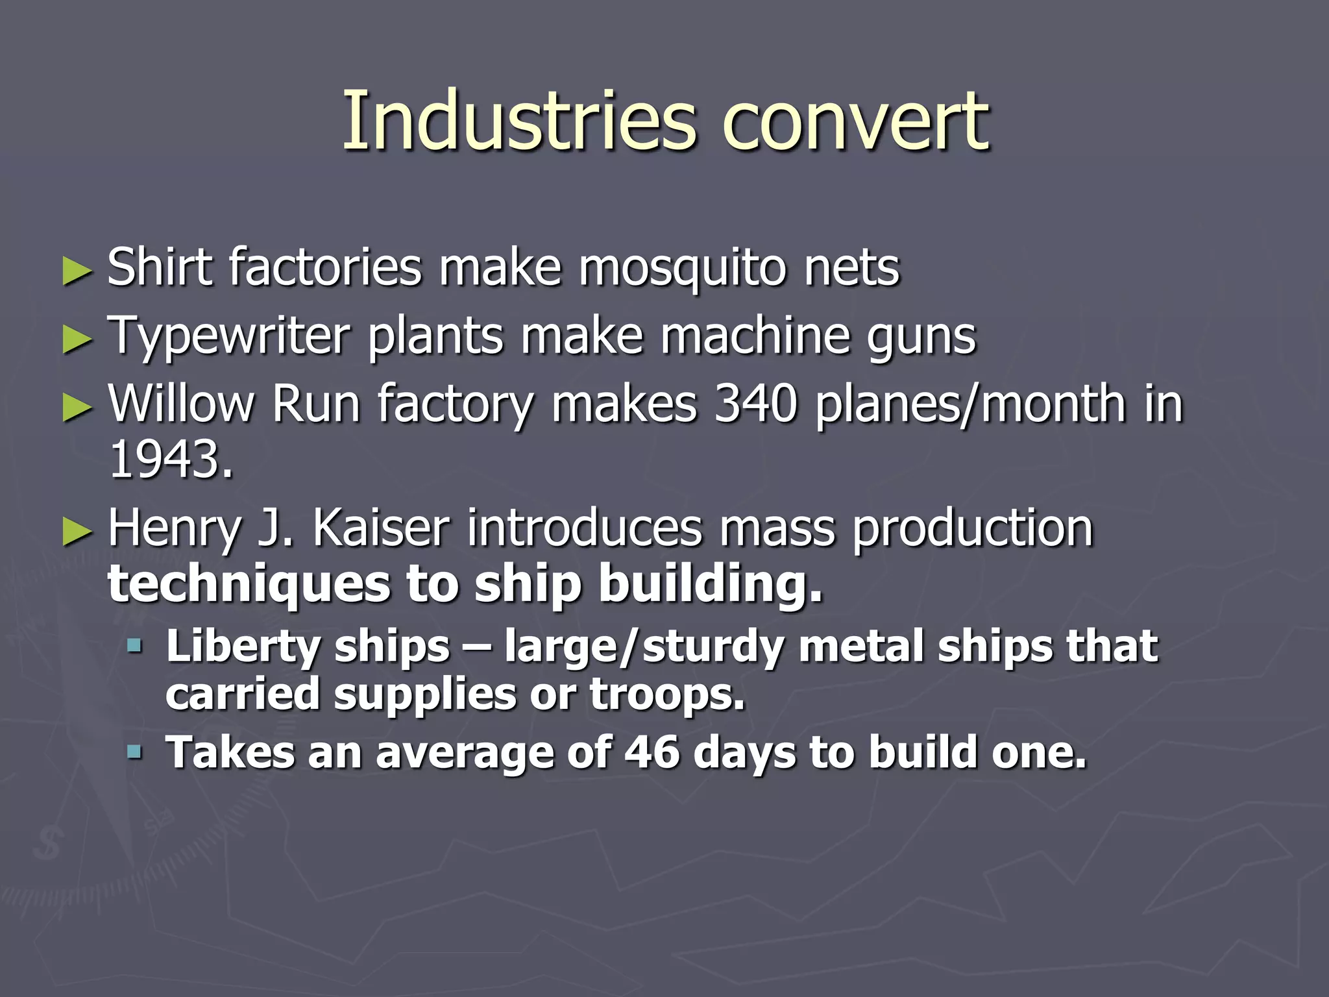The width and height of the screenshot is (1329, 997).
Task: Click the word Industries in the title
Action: [x=518, y=121]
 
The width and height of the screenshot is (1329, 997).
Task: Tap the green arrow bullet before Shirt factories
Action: [x=77, y=271]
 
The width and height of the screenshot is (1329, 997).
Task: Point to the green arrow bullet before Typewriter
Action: [x=77, y=339]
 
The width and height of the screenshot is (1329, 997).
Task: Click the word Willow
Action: [x=181, y=404]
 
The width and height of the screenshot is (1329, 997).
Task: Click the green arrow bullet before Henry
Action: [x=77, y=530]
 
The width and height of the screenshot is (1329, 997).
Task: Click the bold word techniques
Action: [x=247, y=584]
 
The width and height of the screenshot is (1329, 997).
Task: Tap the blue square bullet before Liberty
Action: [x=134, y=645]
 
